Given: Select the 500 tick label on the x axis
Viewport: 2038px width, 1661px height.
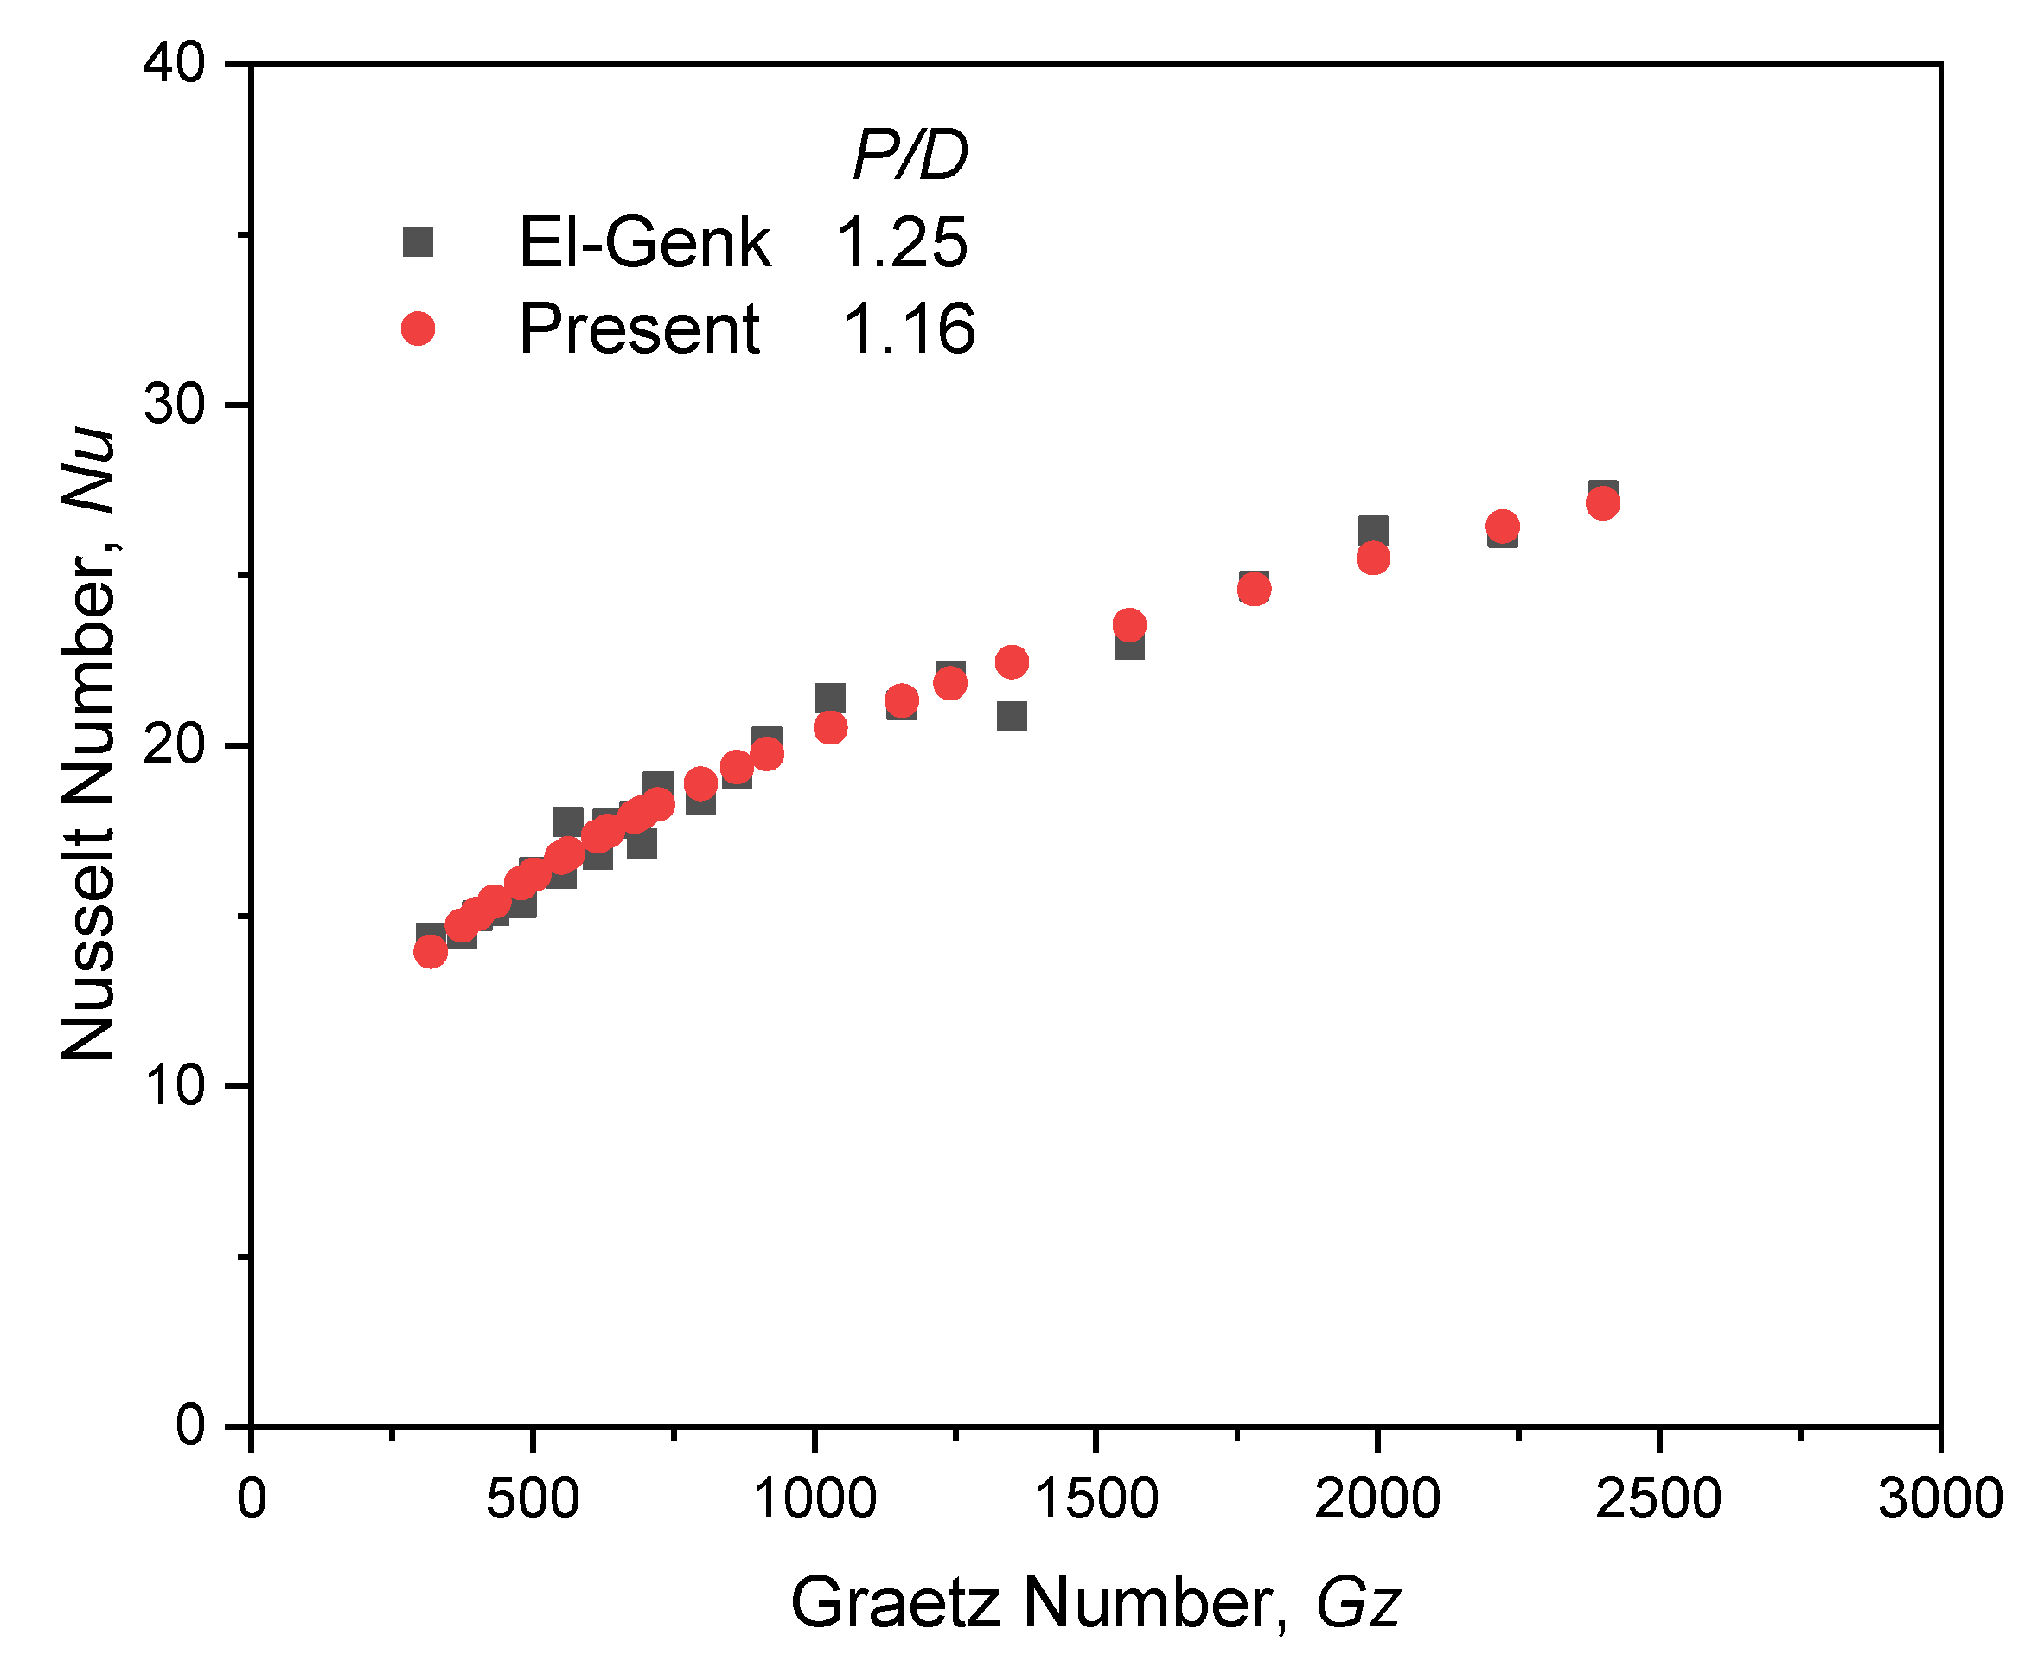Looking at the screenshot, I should [x=532, y=1498].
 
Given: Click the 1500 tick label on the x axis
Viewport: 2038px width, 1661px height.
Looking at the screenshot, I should [x=1096, y=1498].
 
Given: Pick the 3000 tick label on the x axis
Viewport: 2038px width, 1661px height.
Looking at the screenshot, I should [x=1939, y=1498].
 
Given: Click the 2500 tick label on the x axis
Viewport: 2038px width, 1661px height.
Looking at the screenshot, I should [x=1658, y=1498].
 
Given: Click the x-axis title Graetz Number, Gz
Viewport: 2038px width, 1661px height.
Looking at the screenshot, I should [x=1095, y=1602].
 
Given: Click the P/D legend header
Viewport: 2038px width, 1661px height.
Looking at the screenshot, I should [x=909, y=155].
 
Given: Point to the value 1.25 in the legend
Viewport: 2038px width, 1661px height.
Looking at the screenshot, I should [x=901, y=242].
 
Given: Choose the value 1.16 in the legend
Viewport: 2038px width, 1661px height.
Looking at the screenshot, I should [x=909, y=329].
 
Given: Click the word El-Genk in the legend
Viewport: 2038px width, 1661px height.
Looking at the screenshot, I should [x=644, y=242].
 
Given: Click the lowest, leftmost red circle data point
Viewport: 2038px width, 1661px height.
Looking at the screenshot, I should [x=431, y=951].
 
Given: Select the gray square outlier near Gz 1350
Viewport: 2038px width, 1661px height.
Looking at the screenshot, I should [x=1012, y=716].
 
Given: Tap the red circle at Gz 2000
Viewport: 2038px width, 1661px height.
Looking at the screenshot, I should [x=1373, y=558].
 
